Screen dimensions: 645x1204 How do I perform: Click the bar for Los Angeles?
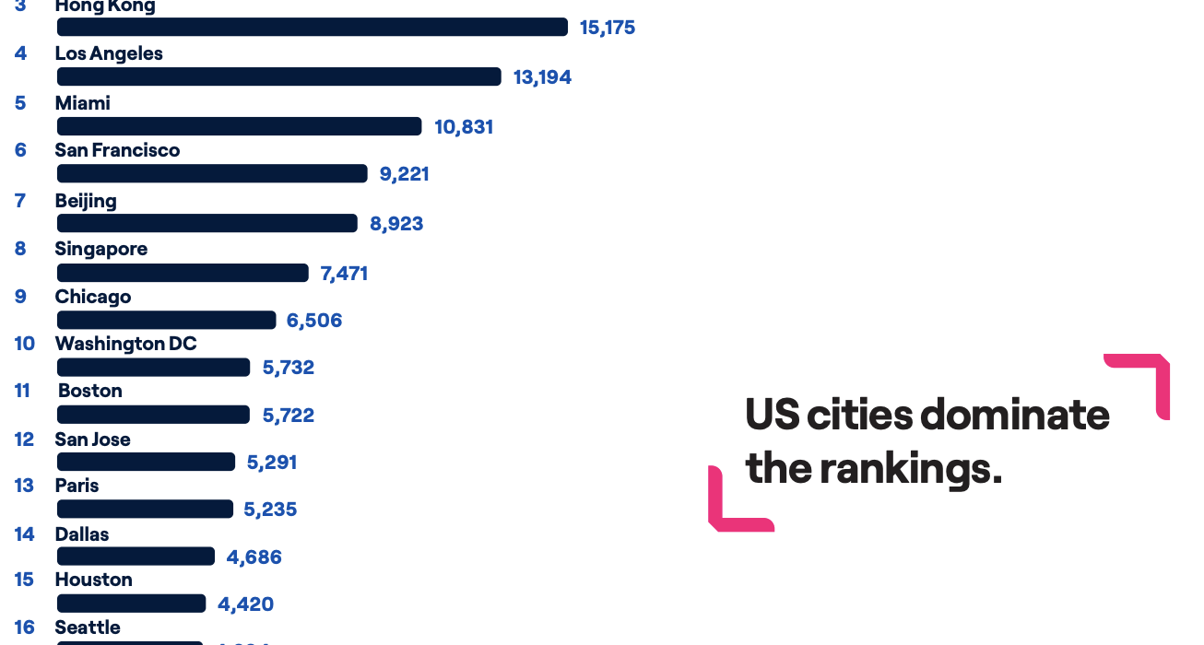pos(278,76)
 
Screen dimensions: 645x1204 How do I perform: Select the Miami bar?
pos(239,126)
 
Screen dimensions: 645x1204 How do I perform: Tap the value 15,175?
pos(607,28)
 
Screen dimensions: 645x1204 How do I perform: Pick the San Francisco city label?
pos(117,150)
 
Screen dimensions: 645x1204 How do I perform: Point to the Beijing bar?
pos(207,223)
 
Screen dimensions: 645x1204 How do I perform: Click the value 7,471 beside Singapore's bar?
pos(344,273)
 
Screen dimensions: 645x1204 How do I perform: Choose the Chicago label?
pos(92,297)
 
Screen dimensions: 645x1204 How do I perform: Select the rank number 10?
pos(24,344)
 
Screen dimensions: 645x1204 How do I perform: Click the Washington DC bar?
pos(153,368)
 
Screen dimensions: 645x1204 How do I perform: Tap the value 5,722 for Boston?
pos(288,416)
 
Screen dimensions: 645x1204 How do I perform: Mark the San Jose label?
pos(92,440)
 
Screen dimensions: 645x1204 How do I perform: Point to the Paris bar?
pos(145,509)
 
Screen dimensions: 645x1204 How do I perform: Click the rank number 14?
pos(24,534)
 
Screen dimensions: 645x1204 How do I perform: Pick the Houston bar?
pos(131,604)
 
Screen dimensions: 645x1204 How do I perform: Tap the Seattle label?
pos(88,627)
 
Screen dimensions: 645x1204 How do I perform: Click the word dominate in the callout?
pos(1014,415)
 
